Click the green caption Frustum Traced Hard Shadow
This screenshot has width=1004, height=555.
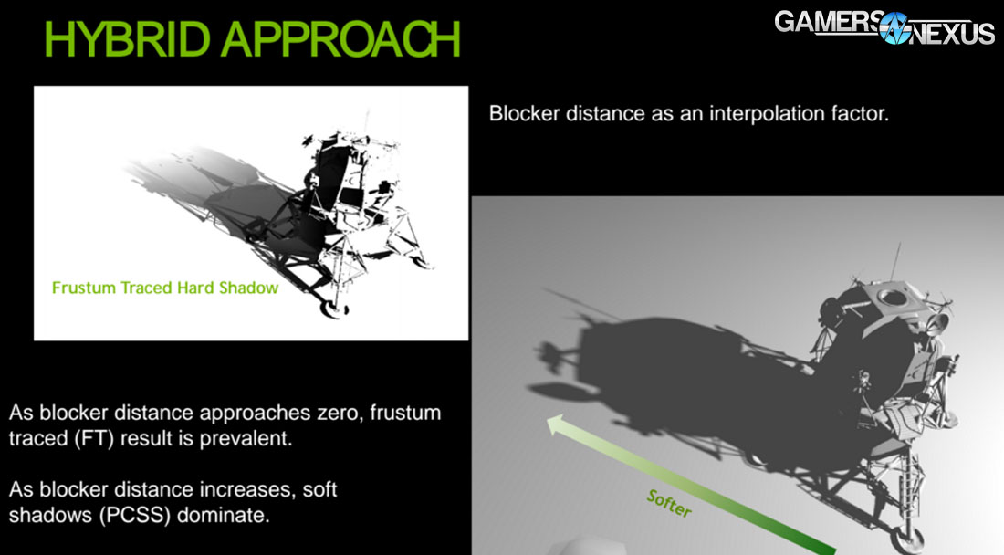164,288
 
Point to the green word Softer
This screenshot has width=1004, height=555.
668,502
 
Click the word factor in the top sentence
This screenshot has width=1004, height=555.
862,114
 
